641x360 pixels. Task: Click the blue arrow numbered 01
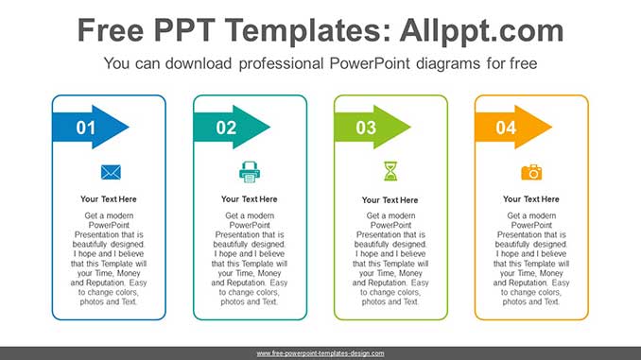[x=91, y=128]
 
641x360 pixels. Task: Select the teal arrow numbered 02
[x=232, y=128]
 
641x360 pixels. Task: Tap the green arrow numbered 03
[x=372, y=128]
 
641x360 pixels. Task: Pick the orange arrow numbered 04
[x=513, y=128]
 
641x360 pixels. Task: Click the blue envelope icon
[x=111, y=172]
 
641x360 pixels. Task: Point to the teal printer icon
[x=250, y=172]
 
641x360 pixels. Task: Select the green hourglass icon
[x=390, y=171]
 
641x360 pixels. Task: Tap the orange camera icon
[x=531, y=172]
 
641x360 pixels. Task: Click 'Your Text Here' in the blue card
[x=109, y=199]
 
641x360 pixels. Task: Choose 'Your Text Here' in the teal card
[x=250, y=199]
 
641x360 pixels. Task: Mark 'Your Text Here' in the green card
[x=390, y=200]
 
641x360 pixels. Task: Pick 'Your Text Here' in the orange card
[x=531, y=199]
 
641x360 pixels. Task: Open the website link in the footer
[x=320, y=352]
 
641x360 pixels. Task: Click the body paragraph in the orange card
[x=531, y=259]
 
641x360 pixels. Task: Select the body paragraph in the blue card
[x=109, y=259]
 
